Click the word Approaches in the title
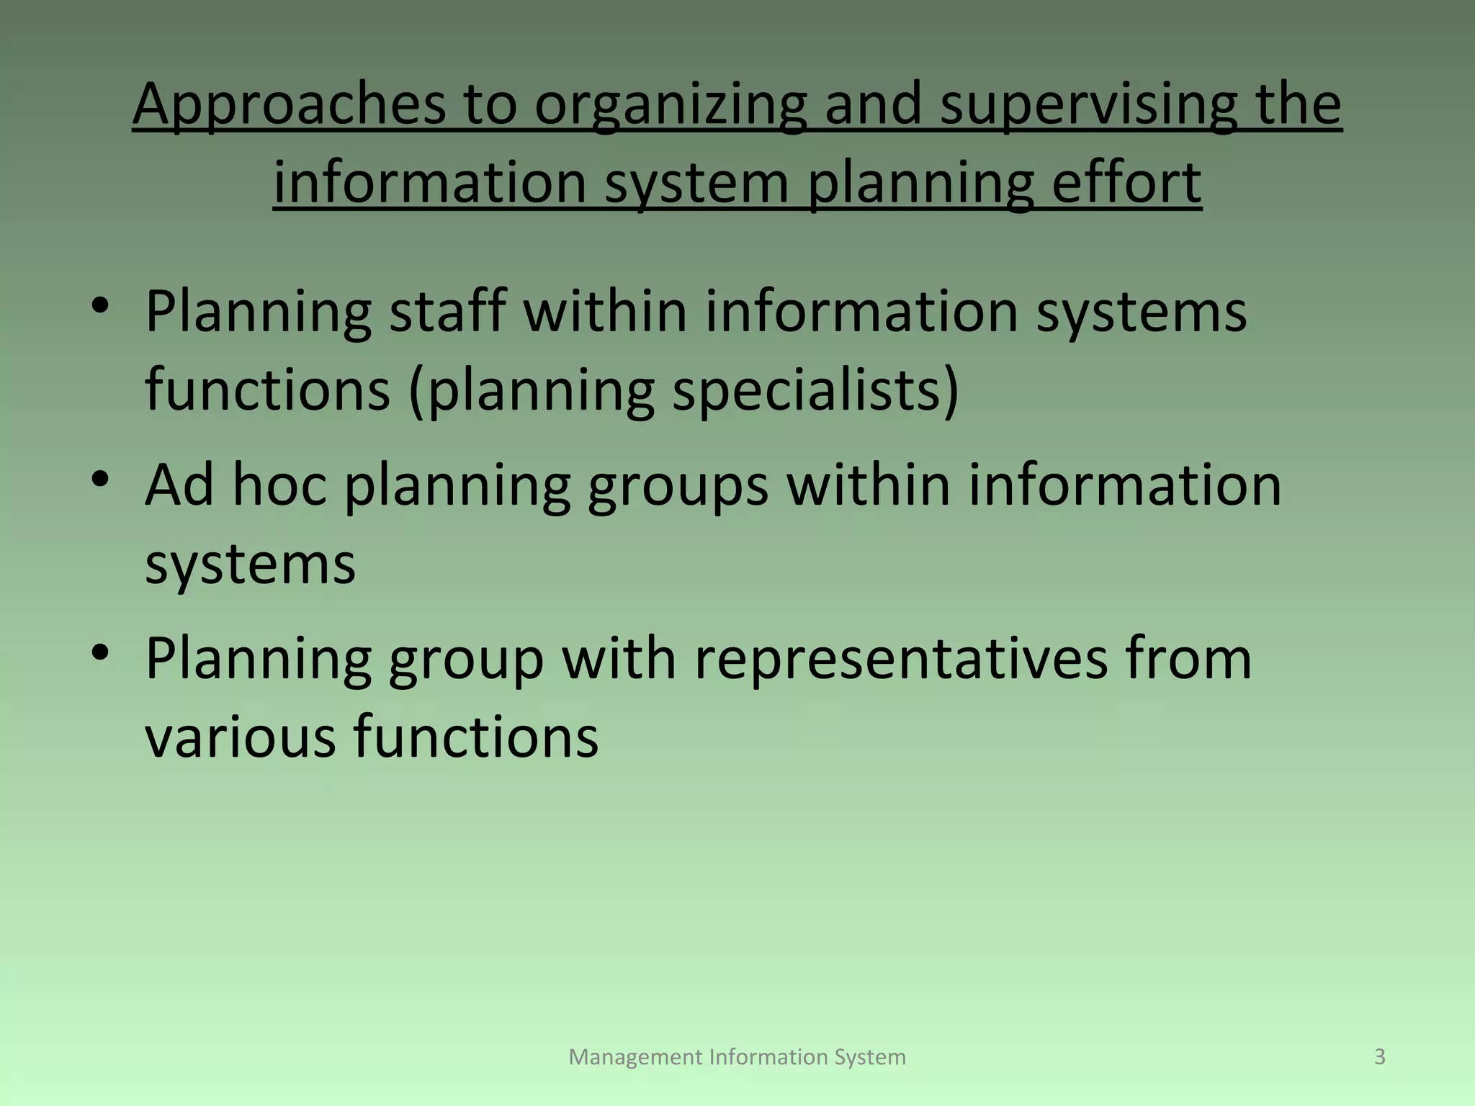pyautogui.click(x=289, y=105)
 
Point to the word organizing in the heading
pyautogui.click(x=671, y=105)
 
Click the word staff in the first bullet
pyautogui.click(x=448, y=311)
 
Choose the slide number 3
pyautogui.click(x=1380, y=1056)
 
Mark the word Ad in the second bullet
pyautogui.click(x=179, y=485)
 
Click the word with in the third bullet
pyautogui.click(x=619, y=658)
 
